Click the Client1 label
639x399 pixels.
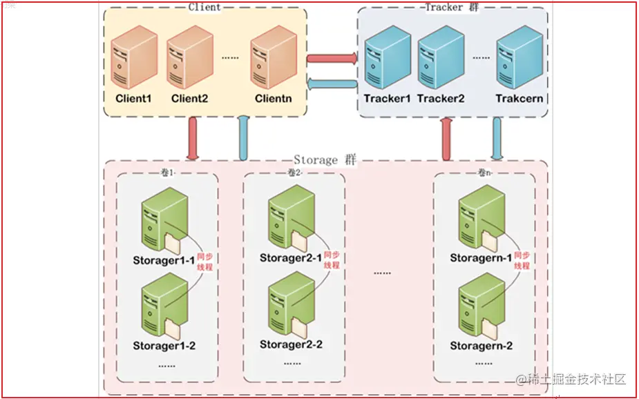(133, 99)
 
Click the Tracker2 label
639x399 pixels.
(441, 99)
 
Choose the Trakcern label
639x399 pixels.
(519, 99)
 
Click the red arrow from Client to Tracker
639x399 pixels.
(332, 59)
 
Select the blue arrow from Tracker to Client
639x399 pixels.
(332, 84)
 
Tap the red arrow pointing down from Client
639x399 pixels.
(193, 139)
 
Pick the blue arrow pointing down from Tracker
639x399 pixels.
(497, 139)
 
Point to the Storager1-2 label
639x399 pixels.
(164, 345)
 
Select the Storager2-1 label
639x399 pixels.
(291, 258)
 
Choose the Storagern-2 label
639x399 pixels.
(481, 345)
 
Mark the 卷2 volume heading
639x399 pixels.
(294, 173)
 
